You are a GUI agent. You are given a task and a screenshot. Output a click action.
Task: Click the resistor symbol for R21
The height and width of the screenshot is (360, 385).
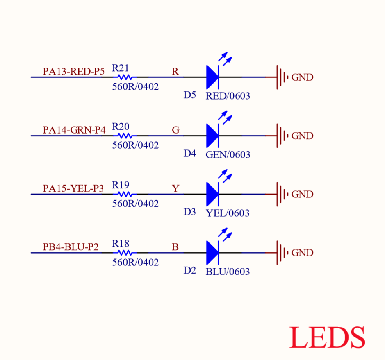(125, 77)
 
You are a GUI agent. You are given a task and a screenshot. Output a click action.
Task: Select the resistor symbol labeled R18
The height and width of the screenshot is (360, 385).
(125, 253)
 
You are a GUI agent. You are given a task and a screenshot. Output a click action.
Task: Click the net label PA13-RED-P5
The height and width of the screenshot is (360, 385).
(74, 71)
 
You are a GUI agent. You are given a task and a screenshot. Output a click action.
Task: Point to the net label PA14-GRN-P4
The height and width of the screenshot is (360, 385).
(74, 130)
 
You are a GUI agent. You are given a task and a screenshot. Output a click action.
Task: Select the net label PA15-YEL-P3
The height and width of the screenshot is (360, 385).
(73, 188)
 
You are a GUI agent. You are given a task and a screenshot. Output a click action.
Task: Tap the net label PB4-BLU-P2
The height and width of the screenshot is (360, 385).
(71, 247)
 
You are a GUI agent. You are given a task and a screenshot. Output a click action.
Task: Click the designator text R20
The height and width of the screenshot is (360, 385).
(121, 127)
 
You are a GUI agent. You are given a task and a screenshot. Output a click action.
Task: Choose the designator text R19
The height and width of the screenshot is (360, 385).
(121, 185)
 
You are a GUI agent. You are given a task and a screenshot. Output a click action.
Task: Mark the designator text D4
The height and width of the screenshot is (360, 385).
(189, 154)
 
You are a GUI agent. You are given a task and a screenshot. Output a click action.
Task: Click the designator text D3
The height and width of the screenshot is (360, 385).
(189, 212)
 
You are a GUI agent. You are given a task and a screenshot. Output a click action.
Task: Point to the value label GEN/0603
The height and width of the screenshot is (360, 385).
(228, 154)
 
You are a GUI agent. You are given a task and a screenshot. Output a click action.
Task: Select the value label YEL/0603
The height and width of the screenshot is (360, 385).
(228, 213)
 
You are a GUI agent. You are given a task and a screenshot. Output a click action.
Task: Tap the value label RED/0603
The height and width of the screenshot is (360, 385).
(228, 96)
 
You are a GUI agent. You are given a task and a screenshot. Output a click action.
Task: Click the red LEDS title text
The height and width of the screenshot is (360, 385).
(327, 337)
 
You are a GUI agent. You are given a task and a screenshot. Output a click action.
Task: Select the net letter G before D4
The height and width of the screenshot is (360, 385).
(175, 130)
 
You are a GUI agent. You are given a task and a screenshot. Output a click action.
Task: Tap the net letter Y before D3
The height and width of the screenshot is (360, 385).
(175, 188)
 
